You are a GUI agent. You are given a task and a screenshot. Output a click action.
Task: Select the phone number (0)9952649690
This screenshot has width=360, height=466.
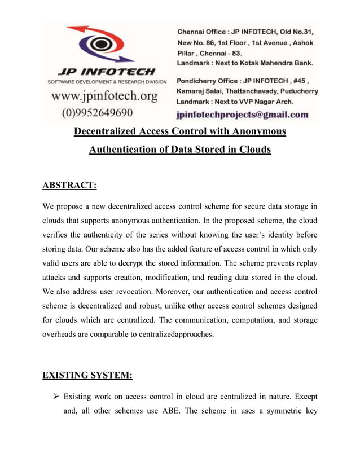[x=97, y=112]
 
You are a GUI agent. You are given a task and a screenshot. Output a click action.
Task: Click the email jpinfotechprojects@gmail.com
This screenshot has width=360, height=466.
[x=242, y=115]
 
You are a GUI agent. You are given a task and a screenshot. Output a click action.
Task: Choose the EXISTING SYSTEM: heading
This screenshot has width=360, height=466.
[x=86, y=375]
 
